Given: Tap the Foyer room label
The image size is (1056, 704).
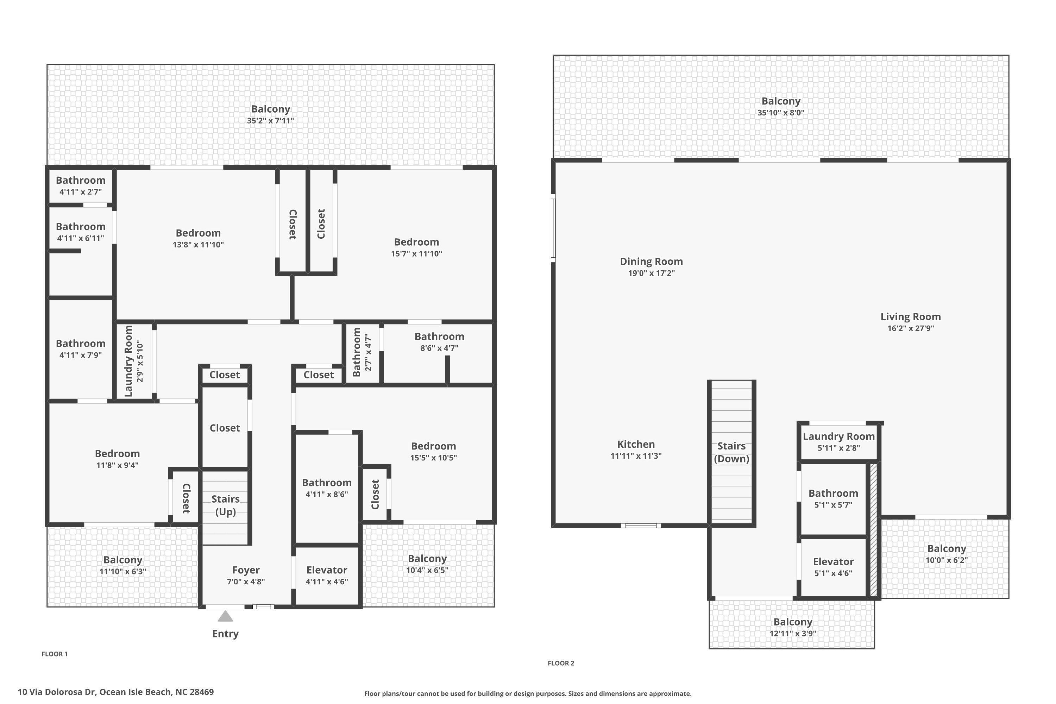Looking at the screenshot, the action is pos(246,570).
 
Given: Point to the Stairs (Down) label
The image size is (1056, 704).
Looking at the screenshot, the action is pos(731,452).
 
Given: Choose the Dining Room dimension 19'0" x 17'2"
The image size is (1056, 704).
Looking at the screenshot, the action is pos(652,273).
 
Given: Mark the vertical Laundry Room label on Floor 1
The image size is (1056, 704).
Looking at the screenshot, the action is pos(128,361).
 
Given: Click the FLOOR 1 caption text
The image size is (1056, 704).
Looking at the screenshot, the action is pos(55,654).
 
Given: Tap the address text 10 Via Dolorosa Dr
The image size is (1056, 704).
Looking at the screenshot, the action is pos(57,692).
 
